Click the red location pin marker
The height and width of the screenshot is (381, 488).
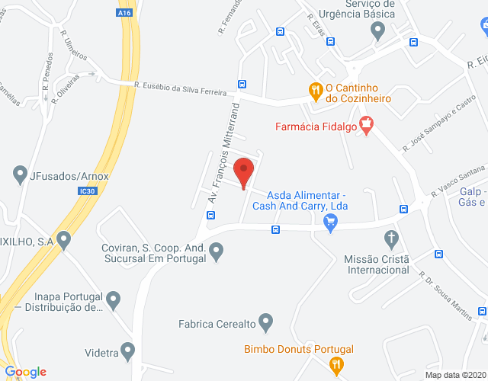click(x=243, y=172)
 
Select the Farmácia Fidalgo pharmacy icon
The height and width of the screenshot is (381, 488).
click(x=367, y=125)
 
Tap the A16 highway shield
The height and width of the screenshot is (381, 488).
click(x=124, y=12)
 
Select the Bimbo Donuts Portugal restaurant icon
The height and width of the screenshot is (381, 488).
click(x=335, y=366)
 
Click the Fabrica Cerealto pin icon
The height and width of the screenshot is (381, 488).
click(x=266, y=322)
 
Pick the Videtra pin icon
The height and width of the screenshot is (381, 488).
click(x=128, y=351)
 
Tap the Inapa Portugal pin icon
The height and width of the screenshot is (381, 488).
click(x=114, y=299)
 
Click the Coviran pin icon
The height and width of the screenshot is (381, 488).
click(x=217, y=250)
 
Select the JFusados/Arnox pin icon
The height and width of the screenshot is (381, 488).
click(x=20, y=175)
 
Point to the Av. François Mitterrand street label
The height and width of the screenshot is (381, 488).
click(x=223, y=145)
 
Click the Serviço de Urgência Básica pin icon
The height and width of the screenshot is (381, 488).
click(x=377, y=30)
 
